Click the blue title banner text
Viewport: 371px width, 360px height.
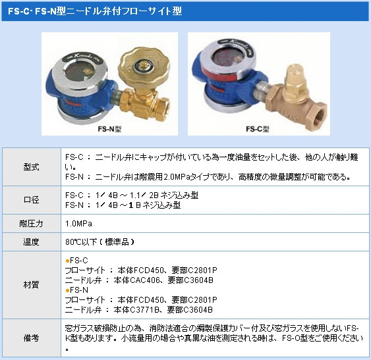click(95, 11)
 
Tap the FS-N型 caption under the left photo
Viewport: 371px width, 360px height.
click(109, 129)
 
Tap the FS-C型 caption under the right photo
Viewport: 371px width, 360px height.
click(258, 129)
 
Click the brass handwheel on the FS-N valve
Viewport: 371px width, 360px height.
click(144, 67)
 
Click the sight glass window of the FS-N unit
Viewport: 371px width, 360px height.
click(78, 72)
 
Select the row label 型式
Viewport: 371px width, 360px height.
click(31, 167)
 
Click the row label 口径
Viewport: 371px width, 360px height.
click(31, 200)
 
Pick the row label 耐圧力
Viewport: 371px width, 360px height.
click(31, 223)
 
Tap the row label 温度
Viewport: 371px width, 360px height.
click(31, 242)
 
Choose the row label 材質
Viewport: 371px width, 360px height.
click(31, 285)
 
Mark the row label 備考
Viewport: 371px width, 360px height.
click(31, 338)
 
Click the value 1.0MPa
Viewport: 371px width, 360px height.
click(79, 224)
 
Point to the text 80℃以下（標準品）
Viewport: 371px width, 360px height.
click(100, 242)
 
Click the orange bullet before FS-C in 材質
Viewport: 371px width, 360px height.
click(67, 261)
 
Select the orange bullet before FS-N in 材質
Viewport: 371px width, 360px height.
click(67, 290)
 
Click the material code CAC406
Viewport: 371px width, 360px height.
click(145, 280)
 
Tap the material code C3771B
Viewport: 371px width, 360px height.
click(144, 310)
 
